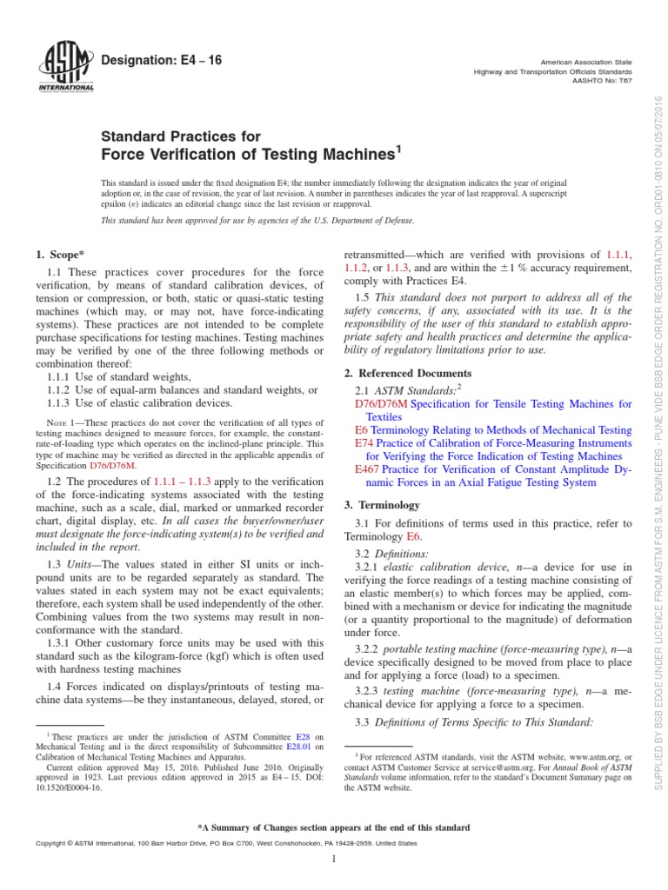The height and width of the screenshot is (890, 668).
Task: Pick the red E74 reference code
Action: tap(365, 443)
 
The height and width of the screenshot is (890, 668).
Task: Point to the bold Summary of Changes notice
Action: tap(334, 827)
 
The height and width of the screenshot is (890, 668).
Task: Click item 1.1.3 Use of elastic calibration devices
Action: tap(138, 402)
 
